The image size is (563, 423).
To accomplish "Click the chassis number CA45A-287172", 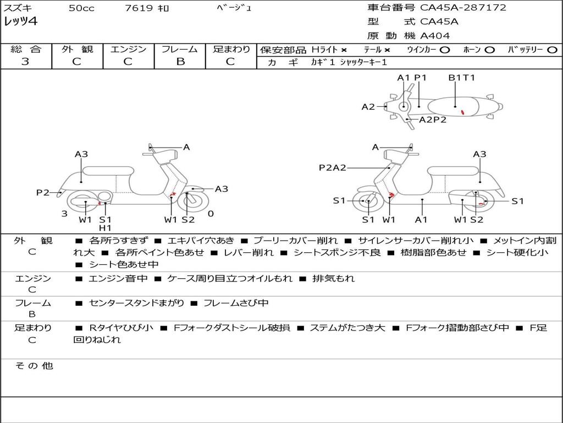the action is tap(463, 8).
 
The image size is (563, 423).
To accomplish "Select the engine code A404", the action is tap(435, 36).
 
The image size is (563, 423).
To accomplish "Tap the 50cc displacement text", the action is tap(80, 8).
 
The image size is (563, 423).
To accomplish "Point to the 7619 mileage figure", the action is tap(140, 8).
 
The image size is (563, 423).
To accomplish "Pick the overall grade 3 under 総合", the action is tap(25, 62).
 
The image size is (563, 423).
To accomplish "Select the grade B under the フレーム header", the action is tap(180, 62).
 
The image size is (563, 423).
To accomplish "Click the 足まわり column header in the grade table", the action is tap(231, 50).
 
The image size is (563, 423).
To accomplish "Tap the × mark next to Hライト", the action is tap(344, 50).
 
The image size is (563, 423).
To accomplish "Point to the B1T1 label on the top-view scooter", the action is tap(461, 78).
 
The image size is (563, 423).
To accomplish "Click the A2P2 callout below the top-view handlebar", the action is tap(433, 120).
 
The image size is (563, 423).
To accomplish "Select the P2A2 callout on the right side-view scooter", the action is tap(333, 168).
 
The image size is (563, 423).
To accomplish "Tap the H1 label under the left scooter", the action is tap(105, 228).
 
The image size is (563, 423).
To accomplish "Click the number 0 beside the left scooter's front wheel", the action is tap(211, 214).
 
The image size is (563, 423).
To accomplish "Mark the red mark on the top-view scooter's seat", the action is tap(463, 112).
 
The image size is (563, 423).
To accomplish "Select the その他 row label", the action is tap(34, 366).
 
